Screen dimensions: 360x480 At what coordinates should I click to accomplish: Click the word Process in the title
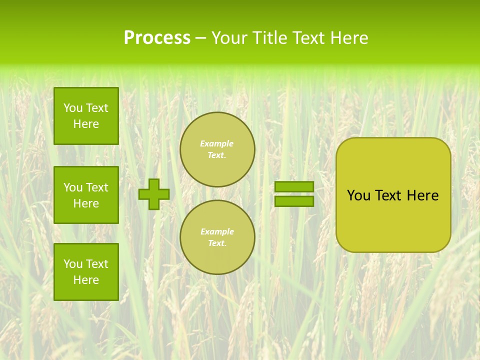[157, 38]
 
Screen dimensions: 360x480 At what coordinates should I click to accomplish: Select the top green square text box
[86, 116]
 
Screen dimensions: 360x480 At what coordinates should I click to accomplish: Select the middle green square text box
[86, 195]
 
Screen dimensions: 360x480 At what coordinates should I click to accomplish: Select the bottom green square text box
[86, 272]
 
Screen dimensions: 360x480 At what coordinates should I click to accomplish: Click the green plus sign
[154, 194]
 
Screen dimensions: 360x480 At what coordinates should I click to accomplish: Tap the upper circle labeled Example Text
[217, 149]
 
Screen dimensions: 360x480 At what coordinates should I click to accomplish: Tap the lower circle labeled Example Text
[217, 237]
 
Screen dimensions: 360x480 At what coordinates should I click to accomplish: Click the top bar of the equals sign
[294, 186]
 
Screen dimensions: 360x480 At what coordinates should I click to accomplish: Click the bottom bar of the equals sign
[294, 201]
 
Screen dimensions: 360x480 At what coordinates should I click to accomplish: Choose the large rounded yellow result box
[393, 220]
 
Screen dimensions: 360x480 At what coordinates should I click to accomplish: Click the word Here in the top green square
[86, 124]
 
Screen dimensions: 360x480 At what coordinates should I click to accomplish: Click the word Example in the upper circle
[216, 143]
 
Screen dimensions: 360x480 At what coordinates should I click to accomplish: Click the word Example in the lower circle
[217, 231]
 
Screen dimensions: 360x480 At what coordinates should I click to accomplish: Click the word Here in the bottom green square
[86, 280]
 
